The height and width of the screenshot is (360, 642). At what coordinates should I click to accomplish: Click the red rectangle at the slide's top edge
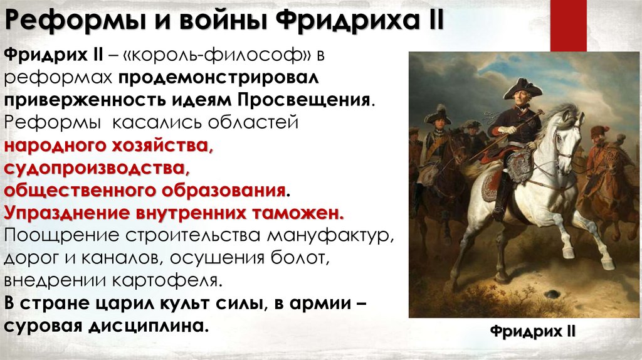click(569, 26)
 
